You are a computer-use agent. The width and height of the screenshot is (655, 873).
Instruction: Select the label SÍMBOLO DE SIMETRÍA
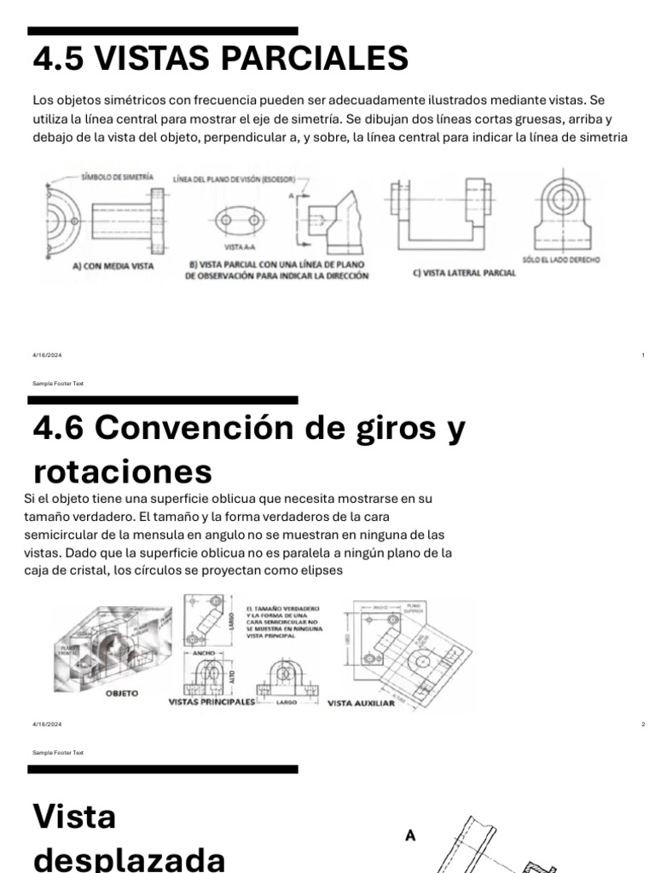[x=117, y=176]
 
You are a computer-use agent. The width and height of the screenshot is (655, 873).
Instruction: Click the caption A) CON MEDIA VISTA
[x=113, y=266]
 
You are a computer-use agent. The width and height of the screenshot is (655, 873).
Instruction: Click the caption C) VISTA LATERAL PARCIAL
[x=452, y=272]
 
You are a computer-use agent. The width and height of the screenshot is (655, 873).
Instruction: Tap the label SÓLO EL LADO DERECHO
[x=561, y=259]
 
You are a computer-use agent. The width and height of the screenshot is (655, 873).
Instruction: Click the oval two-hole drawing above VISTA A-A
[x=237, y=220]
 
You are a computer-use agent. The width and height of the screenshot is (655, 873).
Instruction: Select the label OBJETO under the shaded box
[x=121, y=694]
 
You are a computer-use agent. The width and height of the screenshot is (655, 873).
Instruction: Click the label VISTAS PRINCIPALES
[x=212, y=702]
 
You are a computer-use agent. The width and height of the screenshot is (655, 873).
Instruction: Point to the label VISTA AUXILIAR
[x=361, y=703]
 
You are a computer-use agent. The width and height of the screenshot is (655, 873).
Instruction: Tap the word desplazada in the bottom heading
[x=129, y=857]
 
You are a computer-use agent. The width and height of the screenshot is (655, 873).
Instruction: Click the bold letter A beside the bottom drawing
[x=410, y=836]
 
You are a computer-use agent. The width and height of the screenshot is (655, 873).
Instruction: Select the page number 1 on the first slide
[x=642, y=355]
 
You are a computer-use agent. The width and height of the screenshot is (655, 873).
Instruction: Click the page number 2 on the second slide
[x=642, y=724]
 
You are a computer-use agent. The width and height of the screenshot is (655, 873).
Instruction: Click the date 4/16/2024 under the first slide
[x=47, y=355]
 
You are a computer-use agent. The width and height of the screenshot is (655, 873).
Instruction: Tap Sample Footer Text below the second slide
[x=58, y=753]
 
